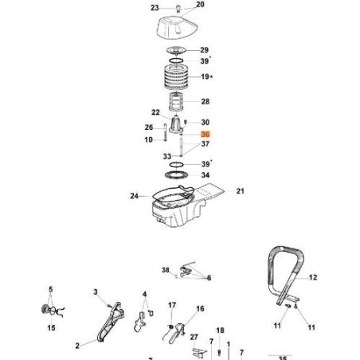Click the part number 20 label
tap(200, 5)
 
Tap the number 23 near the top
tap(155, 7)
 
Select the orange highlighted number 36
tap(206, 135)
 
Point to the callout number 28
tap(205, 102)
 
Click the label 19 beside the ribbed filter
tap(205, 77)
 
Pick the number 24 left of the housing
tap(134, 194)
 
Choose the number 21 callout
tap(241, 191)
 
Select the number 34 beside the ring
tap(205, 175)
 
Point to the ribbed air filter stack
tap(178, 79)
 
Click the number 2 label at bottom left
tap(78, 346)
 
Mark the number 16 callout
tap(200, 308)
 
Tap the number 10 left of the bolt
tap(149, 140)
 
